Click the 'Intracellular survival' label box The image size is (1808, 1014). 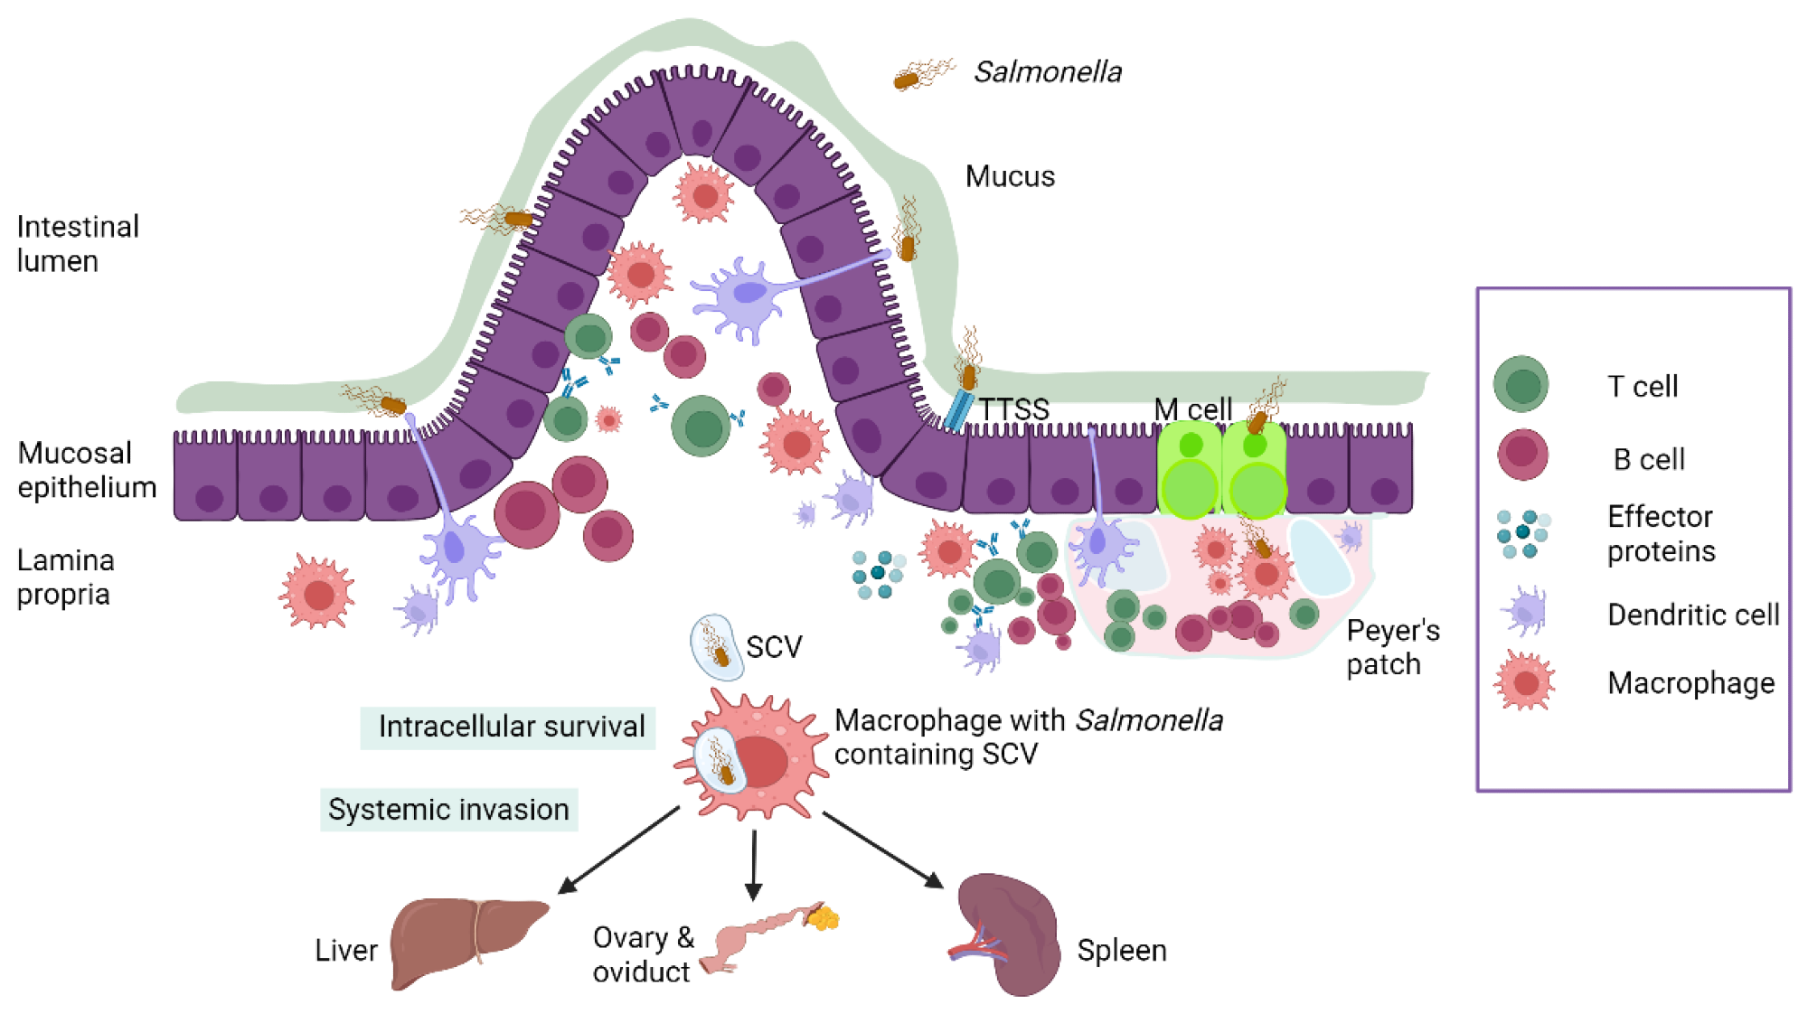tap(508, 728)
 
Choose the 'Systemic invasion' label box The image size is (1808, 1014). tap(448, 810)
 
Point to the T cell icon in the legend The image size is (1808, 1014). tap(1521, 384)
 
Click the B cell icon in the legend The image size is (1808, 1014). tap(1522, 455)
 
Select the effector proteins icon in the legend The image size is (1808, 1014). tap(1522, 533)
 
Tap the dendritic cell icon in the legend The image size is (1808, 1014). tap(1525, 612)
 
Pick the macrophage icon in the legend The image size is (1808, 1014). tap(1525, 681)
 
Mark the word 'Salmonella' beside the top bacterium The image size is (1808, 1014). tap(1048, 72)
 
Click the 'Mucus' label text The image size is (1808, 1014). tap(1010, 176)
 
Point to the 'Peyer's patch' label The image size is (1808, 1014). tap(1392, 647)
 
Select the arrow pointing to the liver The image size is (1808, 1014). tap(619, 850)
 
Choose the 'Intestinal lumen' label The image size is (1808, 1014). tap(78, 243)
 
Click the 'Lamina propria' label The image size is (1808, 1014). tap(65, 577)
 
